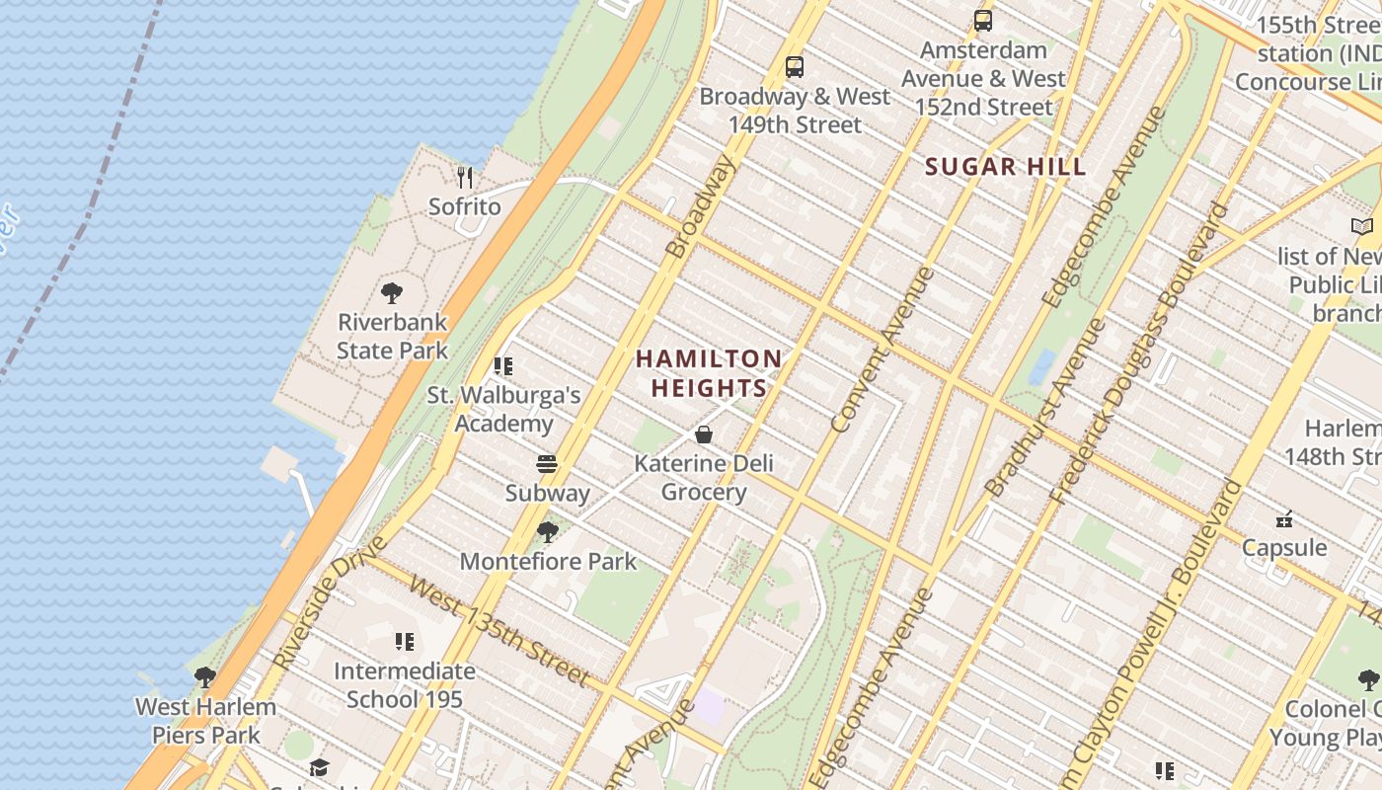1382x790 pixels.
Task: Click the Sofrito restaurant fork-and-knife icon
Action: click(x=465, y=178)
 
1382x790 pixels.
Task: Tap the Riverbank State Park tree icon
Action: click(x=392, y=293)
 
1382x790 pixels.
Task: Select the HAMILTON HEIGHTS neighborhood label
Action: click(x=709, y=373)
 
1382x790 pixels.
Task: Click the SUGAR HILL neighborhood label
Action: click(x=1005, y=167)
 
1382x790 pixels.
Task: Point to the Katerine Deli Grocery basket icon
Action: click(x=704, y=434)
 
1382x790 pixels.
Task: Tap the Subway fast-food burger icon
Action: click(x=547, y=464)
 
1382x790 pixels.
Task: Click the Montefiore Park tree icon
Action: click(x=547, y=532)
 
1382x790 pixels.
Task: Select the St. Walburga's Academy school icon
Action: click(x=503, y=366)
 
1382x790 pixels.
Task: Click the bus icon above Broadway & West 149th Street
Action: click(x=795, y=67)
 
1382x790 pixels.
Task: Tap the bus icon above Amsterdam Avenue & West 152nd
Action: click(x=983, y=21)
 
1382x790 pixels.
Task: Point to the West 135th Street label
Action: click(x=499, y=632)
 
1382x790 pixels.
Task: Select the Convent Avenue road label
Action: click(x=882, y=351)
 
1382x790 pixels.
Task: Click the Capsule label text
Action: click(x=1284, y=547)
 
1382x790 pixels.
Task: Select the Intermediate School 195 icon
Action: click(x=405, y=643)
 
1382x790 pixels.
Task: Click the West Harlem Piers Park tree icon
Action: click(x=205, y=677)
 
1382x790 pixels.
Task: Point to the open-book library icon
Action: click(x=1362, y=227)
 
